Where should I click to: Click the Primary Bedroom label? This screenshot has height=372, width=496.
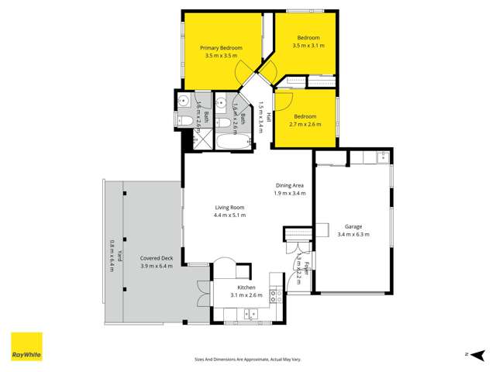click(223, 48)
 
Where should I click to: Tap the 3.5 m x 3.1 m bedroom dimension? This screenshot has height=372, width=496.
click(308, 46)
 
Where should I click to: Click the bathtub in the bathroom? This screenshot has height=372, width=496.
click(231, 143)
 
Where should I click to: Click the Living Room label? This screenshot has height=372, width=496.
click(229, 207)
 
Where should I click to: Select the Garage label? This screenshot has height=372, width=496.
click(353, 227)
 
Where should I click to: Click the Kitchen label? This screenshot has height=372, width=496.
click(246, 288)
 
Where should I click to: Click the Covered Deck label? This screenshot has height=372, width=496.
click(156, 258)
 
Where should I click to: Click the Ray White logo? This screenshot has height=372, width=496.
click(26, 346)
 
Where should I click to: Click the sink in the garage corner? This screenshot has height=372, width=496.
click(381, 158)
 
